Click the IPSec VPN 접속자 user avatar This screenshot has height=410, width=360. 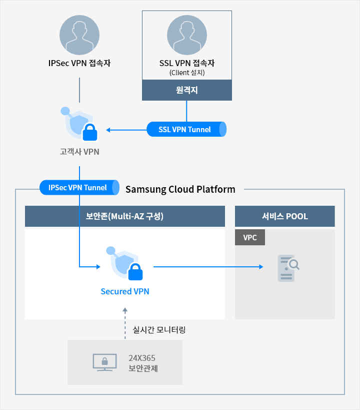click(79, 35)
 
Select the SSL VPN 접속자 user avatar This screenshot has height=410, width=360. click(187, 35)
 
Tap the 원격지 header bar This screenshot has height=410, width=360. click(187, 90)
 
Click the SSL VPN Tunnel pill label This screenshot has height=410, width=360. click(186, 129)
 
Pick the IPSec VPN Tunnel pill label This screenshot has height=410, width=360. click(79, 188)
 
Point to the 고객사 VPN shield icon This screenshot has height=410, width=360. click(79, 124)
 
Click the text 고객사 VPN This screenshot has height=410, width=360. click(79, 152)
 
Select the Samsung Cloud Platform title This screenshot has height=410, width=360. click(180, 189)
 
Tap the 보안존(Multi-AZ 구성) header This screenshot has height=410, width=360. click(125, 216)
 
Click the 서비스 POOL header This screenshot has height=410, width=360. click(285, 216)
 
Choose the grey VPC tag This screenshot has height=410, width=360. click(250, 237)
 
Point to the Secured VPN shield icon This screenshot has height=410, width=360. click(124, 263)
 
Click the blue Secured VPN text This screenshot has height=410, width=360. click(125, 291)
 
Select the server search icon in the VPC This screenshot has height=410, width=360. click(288, 268)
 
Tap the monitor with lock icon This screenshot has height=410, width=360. click(105, 362)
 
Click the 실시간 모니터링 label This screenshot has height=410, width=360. click(159, 330)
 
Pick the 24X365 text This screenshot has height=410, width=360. click(142, 358)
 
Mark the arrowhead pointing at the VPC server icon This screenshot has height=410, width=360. click(261, 267)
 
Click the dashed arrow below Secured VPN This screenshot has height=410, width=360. click(125, 323)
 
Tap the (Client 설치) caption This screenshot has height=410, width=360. click(187, 73)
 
